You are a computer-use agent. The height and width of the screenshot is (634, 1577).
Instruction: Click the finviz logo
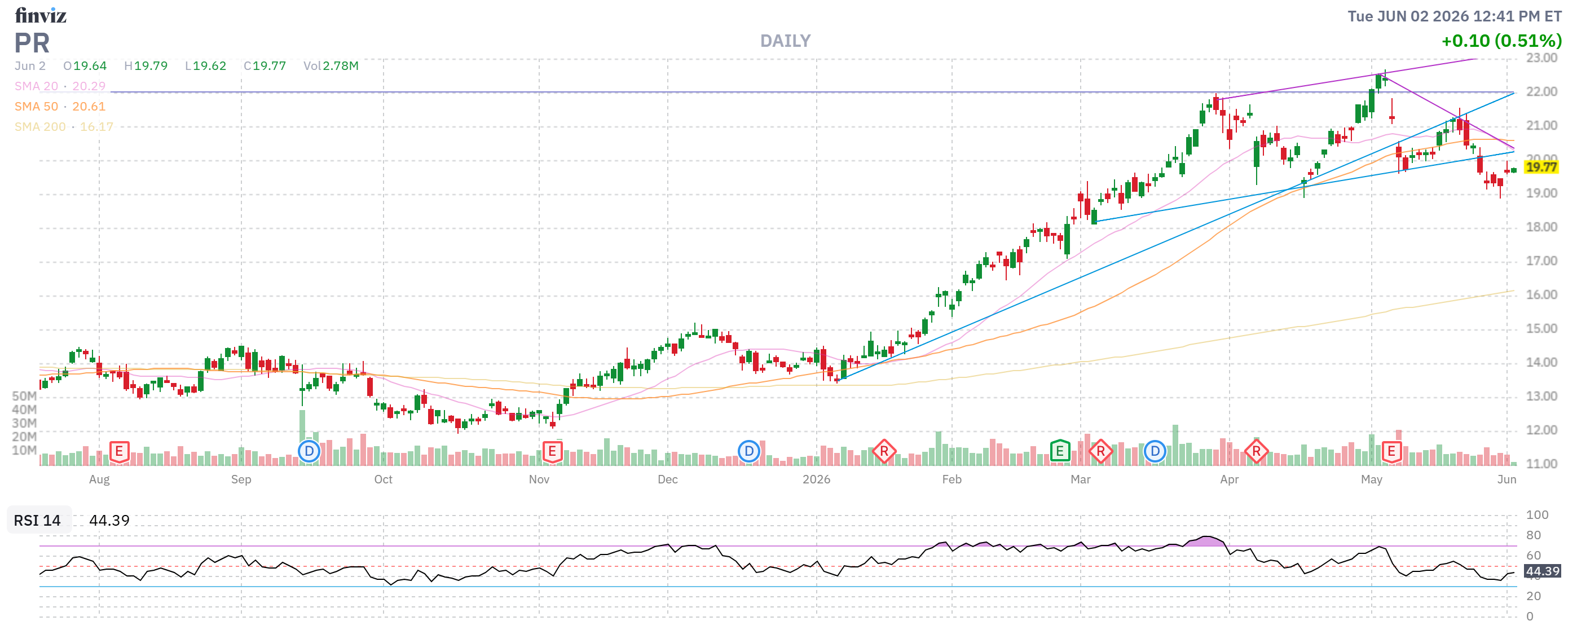pos(41,15)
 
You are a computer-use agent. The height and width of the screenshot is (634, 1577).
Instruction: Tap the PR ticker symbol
pos(32,43)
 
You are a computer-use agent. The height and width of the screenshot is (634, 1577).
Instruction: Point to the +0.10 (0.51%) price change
pos(1501,41)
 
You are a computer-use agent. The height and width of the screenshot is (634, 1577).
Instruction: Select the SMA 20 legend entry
pos(60,86)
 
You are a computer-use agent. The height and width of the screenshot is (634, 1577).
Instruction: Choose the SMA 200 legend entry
pos(64,127)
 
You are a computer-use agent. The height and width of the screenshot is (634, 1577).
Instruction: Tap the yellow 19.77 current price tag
pos(1541,167)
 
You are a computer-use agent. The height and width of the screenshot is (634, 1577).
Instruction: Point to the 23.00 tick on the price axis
pos(1541,58)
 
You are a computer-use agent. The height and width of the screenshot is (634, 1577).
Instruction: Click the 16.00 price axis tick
pos(1541,295)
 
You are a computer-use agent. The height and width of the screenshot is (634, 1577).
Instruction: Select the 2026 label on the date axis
pos(816,479)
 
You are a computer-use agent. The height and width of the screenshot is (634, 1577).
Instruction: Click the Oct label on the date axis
pos(383,479)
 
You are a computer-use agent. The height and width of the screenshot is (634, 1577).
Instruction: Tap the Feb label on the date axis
pos(952,479)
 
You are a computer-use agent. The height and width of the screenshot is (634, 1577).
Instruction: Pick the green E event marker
pos(1060,452)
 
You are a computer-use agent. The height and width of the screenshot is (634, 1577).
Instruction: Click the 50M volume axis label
pos(24,396)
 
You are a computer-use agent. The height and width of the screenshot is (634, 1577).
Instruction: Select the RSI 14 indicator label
pos(37,520)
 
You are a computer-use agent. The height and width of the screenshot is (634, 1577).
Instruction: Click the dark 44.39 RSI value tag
pos(1542,571)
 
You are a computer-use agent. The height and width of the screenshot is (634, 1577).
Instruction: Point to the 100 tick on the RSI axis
pos(1537,514)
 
